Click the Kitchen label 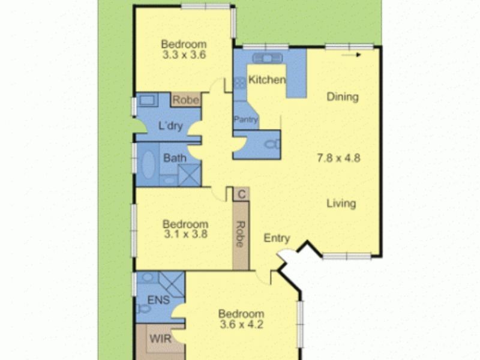pos(267,80)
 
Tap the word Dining pos(343,97)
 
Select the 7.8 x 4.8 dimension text pos(338,158)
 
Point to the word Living pos(341,203)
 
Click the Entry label pos(277,238)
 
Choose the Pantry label pos(245,119)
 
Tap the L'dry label pos(170,126)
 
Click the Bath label pos(175,159)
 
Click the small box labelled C pos(241,194)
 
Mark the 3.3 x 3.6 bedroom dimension pos(184,54)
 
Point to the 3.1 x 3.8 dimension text pos(185,235)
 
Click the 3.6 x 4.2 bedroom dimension pos(241,325)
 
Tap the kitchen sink pos(263,58)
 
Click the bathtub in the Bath pos(148,164)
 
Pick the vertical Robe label pos(240,235)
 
